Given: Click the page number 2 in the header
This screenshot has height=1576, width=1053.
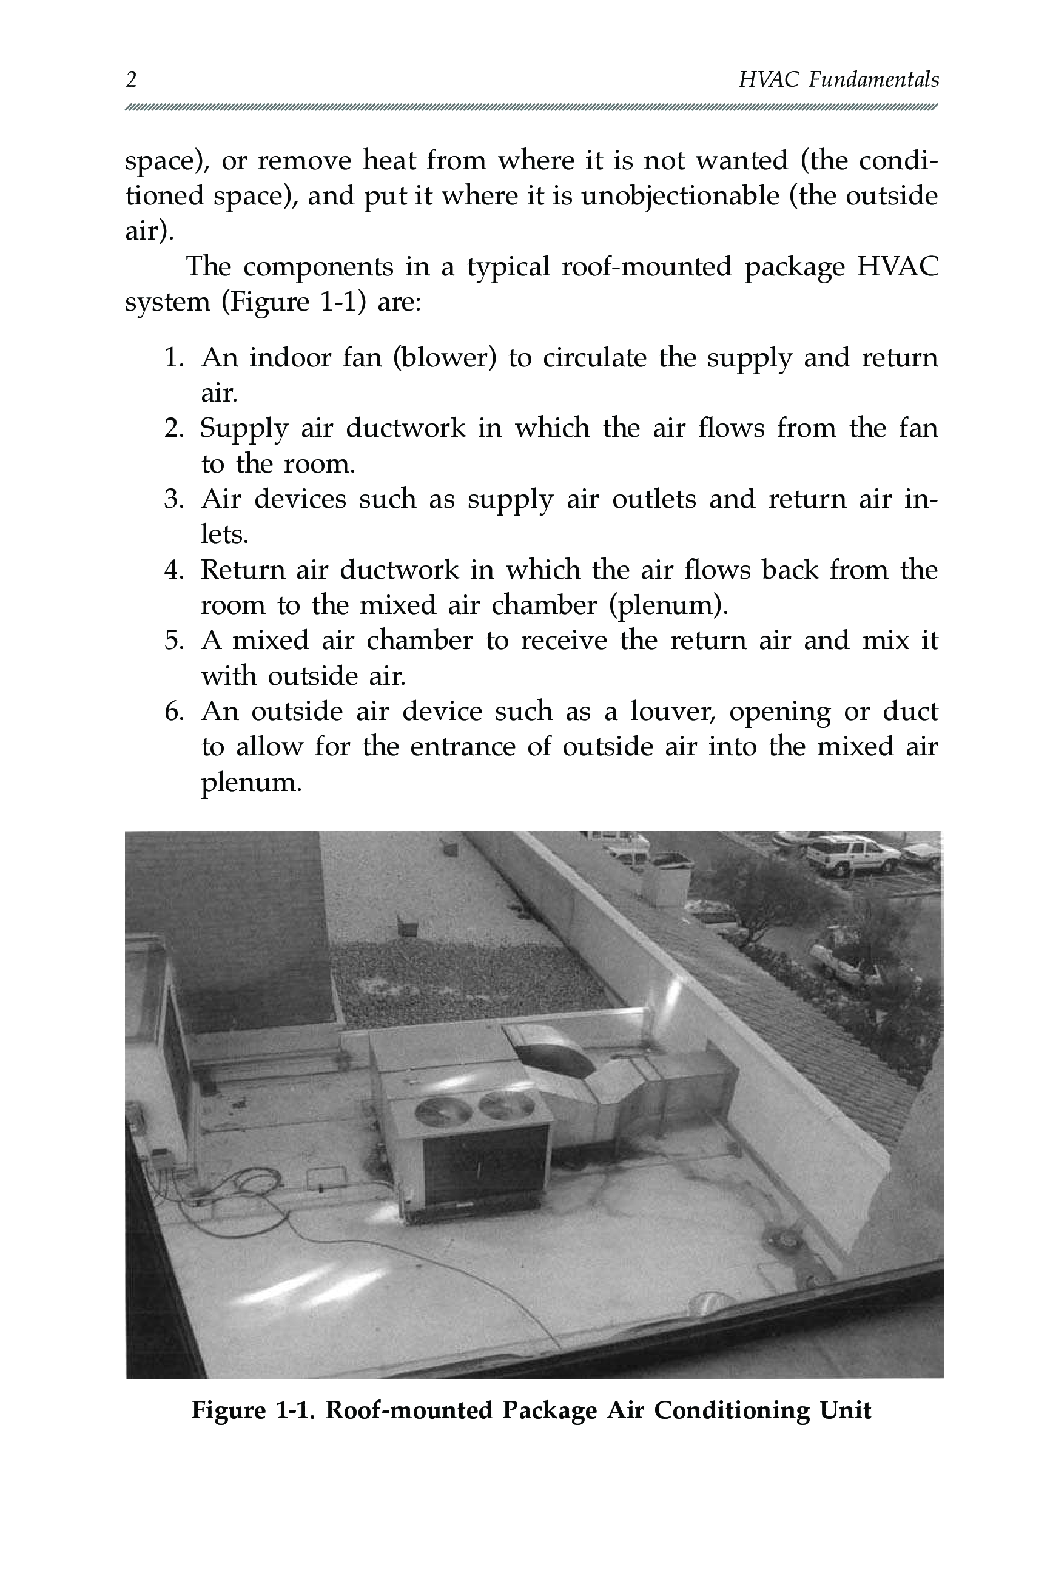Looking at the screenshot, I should click(x=132, y=80).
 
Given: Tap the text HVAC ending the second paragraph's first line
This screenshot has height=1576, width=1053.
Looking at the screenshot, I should click(x=897, y=266).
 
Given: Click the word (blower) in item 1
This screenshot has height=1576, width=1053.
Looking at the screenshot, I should click(x=444, y=358).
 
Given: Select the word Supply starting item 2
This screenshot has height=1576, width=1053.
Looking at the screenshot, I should click(x=244, y=428).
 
